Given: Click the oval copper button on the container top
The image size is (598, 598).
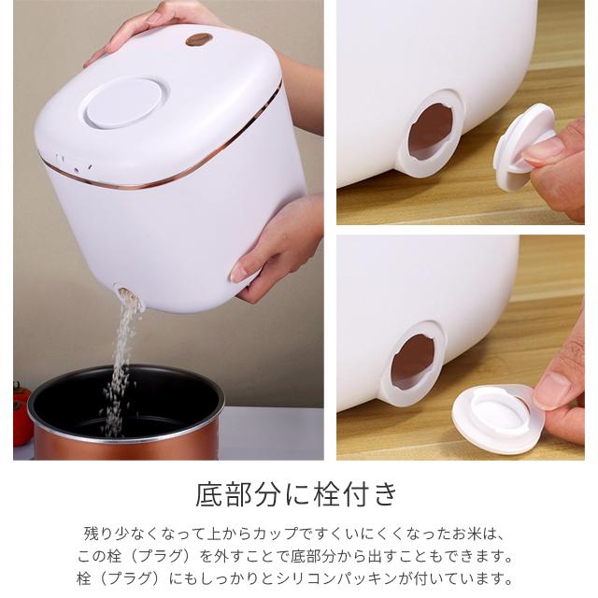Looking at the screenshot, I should (198, 39).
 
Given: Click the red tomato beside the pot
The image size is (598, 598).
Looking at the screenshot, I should (21, 411).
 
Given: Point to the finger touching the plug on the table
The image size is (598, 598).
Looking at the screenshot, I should (561, 392).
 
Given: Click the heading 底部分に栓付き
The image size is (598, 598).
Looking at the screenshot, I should (298, 492).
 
